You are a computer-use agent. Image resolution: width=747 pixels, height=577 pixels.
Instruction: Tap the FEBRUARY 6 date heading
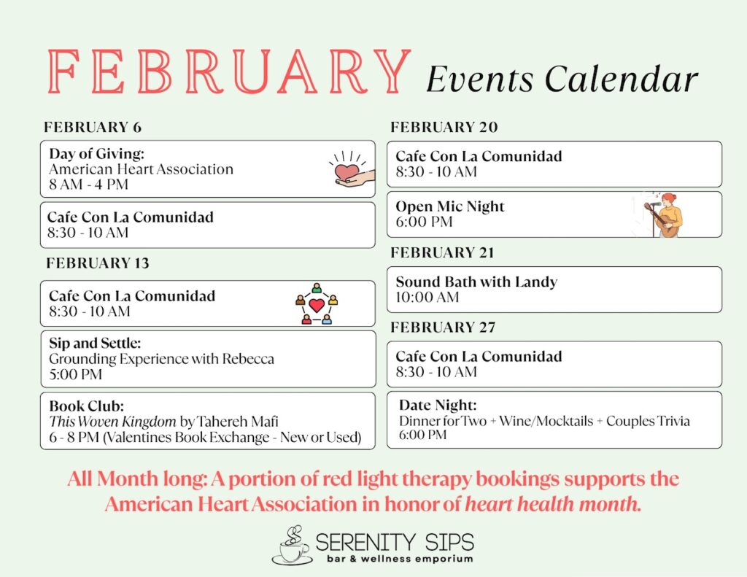(x=93, y=127)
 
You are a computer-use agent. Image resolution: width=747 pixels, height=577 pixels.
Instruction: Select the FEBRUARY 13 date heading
(x=97, y=263)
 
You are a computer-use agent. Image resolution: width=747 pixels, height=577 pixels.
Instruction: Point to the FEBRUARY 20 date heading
(x=444, y=127)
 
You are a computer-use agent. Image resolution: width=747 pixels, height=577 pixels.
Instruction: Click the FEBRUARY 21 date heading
(x=442, y=252)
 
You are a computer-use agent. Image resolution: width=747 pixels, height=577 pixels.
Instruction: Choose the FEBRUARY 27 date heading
(x=443, y=328)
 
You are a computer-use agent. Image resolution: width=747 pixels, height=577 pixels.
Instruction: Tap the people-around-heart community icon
(x=317, y=303)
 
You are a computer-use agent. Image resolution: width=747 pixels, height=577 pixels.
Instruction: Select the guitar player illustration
(x=663, y=214)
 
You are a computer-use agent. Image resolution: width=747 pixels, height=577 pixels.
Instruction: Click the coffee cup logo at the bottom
(x=292, y=546)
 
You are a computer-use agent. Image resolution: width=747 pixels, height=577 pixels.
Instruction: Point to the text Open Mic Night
(x=450, y=206)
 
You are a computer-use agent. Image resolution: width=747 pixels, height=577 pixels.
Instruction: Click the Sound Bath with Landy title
(x=476, y=282)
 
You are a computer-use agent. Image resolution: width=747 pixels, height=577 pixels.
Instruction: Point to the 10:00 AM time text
(x=427, y=297)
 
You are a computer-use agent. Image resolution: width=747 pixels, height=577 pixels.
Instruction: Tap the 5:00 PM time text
(x=76, y=374)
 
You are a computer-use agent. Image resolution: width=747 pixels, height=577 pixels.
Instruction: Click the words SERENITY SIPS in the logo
(x=395, y=542)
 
